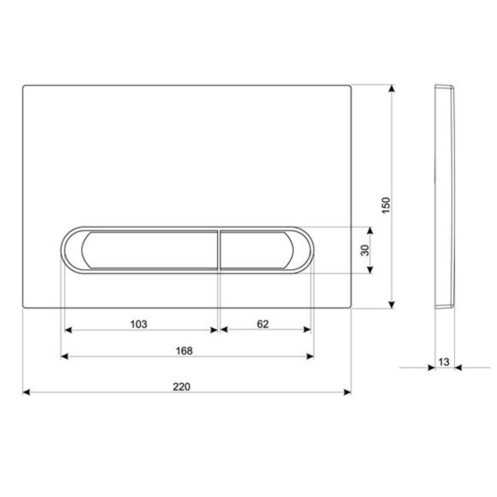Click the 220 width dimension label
(x=181, y=387)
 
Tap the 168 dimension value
(x=184, y=351)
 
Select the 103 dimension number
(x=139, y=324)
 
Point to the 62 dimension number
(x=263, y=324)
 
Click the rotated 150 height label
(x=386, y=205)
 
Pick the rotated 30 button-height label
(x=365, y=250)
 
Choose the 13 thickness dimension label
(x=444, y=362)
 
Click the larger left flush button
(x=149, y=250)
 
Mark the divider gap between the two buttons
(x=219, y=250)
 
